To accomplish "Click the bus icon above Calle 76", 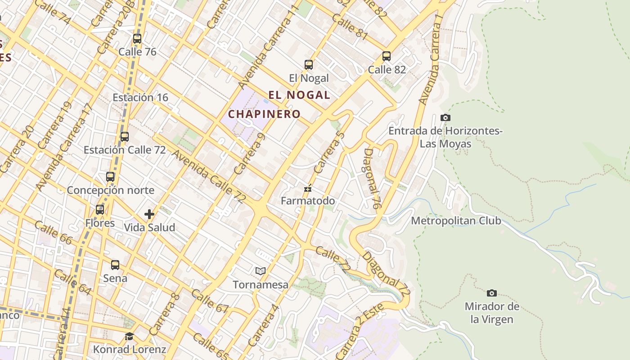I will click(137, 39).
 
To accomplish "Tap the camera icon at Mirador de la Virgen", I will click(492, 293).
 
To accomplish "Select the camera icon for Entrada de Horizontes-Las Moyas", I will click(445, 117).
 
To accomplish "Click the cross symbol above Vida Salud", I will click(149, 214).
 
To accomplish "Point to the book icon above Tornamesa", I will click(261, 271).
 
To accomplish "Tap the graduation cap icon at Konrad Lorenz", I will click(130, 336).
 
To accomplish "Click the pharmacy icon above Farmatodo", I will click(308, 188).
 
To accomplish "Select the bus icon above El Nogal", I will click(309, 65).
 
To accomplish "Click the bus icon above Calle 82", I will click(387, 56).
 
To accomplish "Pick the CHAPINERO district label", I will click(264, 114).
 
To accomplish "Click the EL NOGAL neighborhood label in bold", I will click(299, 95).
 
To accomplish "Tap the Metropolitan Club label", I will click(456, 221).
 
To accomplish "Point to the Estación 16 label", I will click(140, 97).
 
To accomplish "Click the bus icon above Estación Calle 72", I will click(125, 137).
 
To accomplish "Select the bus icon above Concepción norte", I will click(110, 177).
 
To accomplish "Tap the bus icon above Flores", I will click(100, 210).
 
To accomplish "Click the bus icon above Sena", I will click(115, 265).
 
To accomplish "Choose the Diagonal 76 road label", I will click(372, 179).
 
